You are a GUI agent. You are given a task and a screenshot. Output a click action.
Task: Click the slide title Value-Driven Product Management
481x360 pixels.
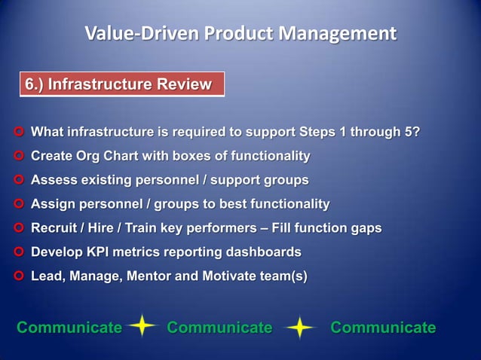(240, 34)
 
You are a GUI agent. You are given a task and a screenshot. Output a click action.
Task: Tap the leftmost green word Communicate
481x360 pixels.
(69, 328)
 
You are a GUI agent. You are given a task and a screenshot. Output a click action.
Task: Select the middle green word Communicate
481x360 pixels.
(219, 328)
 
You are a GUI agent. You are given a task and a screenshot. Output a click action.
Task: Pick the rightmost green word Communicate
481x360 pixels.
(383, 328)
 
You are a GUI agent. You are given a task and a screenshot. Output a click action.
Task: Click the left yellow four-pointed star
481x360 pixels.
(142, 327)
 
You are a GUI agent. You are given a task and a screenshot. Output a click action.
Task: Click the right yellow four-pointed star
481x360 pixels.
(300, 328)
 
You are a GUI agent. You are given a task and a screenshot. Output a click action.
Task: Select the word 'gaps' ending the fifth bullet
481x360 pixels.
(366, 228)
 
